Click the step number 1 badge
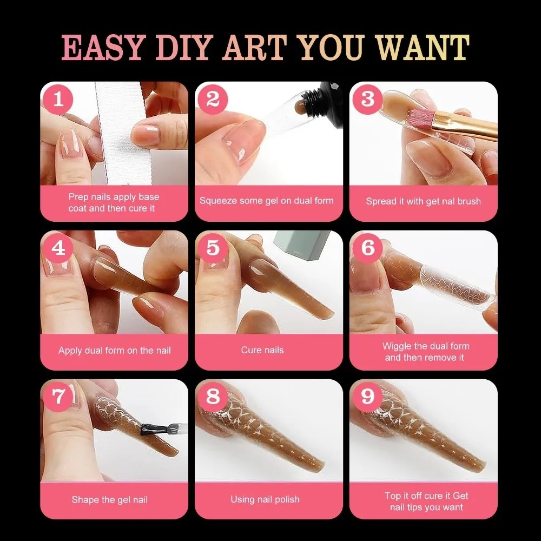tap(59, 100)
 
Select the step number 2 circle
tap(213, 100)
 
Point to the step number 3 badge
tap(368, 100)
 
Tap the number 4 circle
tap(59, 248)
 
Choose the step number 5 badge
tap(213, 248)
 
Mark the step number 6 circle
tap(368, 248)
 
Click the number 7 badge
tap(59, 397)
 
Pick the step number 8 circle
tap(213, 397)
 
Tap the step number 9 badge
tap(368, 397)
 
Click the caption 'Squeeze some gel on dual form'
tap(266, 201)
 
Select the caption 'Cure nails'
tap(262, 350)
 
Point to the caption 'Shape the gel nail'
tap(109, 499)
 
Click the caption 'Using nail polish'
tap(265, 499)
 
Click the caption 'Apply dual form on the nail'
tap(115, 350)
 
